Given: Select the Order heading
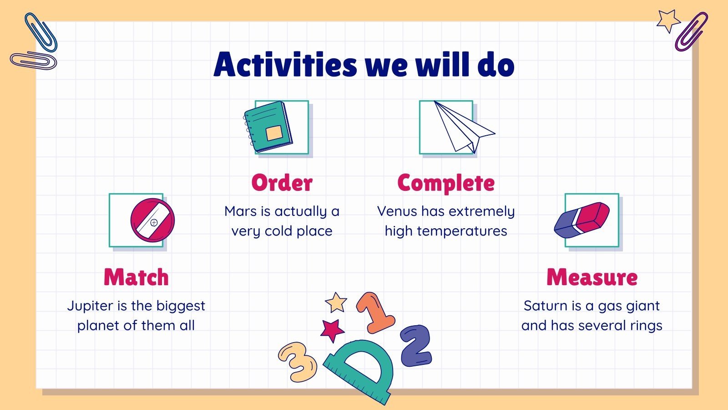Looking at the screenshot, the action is coord(282,183).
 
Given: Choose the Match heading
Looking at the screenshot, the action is coord(136,277).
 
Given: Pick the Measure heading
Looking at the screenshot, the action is coord(592,277).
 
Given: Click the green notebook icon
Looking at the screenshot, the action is coord(268,127).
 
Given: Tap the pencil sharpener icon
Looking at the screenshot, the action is coord(152,220).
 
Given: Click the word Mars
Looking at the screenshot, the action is coord(241,211).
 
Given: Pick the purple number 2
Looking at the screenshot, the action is coord(416,346).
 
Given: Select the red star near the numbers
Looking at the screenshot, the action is coord(332,330).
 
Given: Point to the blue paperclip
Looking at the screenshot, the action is coord(41,32).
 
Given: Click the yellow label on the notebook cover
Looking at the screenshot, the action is coord(274,133).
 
